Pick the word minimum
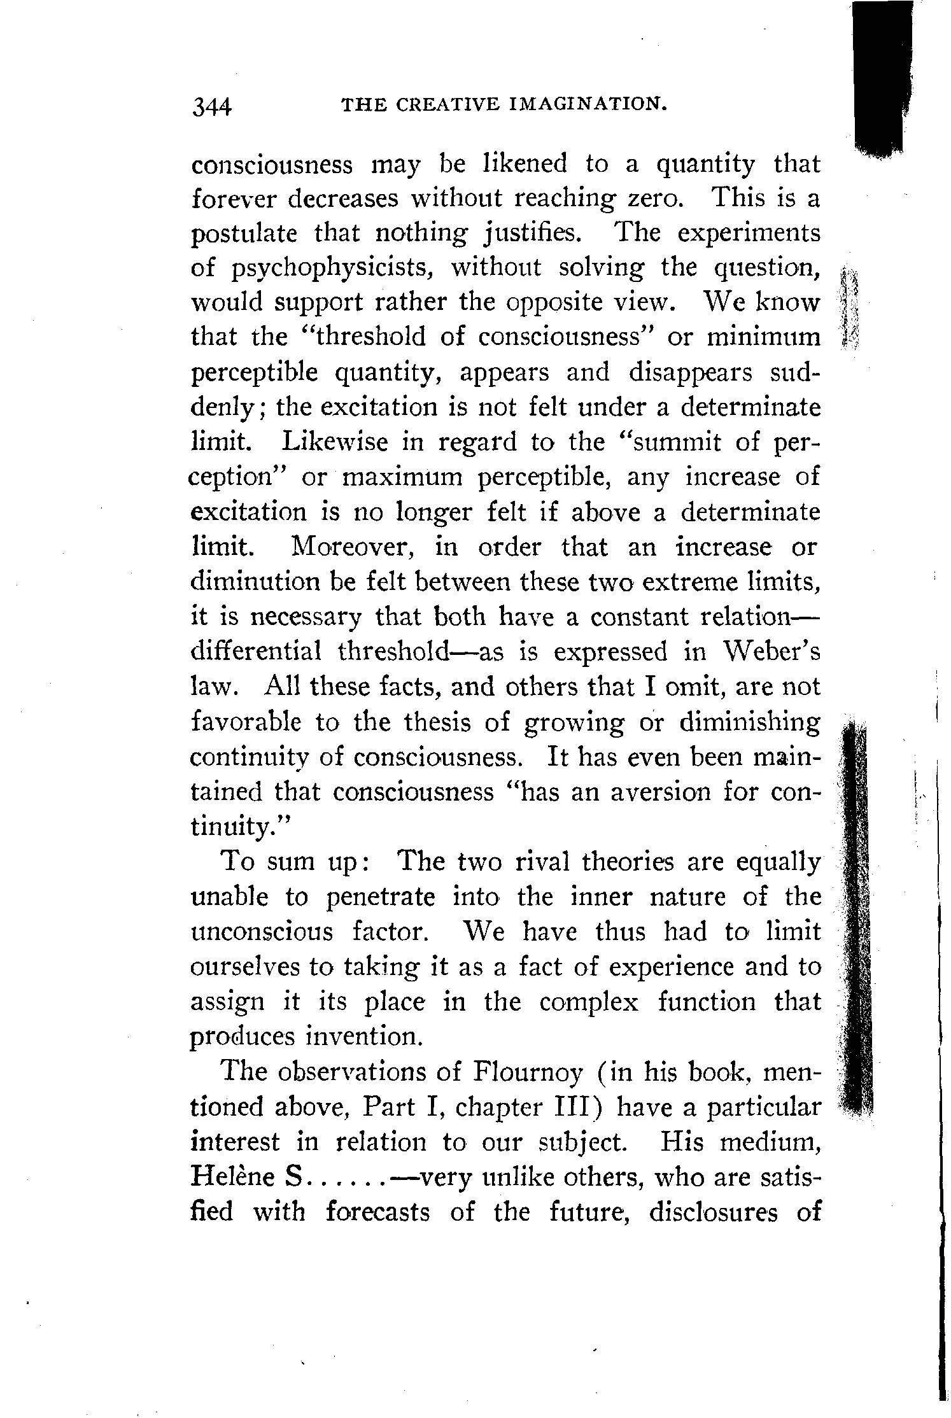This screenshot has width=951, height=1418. [763, 337]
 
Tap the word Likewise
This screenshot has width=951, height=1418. [334, 442]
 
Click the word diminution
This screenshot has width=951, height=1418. [253, 582]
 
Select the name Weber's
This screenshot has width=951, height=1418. [771, 652]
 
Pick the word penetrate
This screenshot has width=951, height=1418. [381, 897]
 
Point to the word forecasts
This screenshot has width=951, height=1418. [378, 1212]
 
